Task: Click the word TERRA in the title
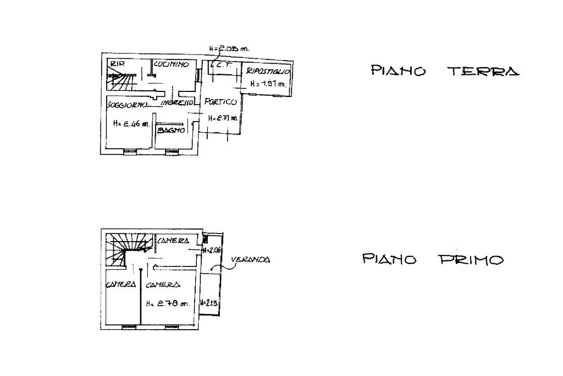coord(483,71)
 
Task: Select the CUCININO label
coord(172,64)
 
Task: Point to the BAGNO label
coord(169,130)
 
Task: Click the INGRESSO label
coord(176,103)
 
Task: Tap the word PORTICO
coord(220,102)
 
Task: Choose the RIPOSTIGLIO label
coord(267,72)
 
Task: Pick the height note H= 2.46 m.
coord(131,124)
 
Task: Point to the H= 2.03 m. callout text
coord(229,48)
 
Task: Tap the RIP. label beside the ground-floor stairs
coord(117,64)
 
